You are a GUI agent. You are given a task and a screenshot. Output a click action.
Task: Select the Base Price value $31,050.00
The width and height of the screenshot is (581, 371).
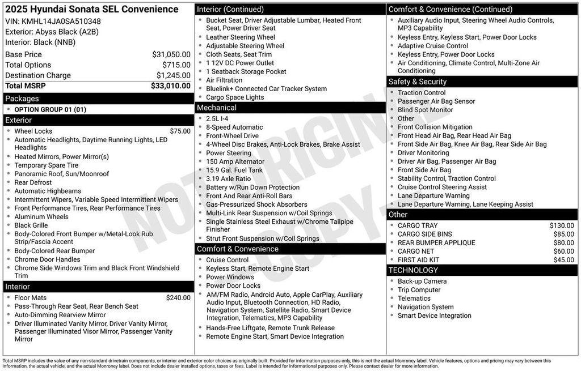pyautogui.click(x=171, y=54)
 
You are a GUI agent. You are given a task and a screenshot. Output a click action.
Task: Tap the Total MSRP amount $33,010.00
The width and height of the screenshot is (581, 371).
pyautogui.click(x=170, y=86)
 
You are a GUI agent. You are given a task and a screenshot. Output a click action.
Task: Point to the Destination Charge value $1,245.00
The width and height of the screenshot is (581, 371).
pyautogui.click(x=173, y=75)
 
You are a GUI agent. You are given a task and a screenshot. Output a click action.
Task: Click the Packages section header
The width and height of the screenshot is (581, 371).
pyautogui.click(x=22, y=99)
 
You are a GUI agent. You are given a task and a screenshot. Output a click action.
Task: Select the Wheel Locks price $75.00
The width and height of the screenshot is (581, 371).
pyautogui.click(x=180, y=131)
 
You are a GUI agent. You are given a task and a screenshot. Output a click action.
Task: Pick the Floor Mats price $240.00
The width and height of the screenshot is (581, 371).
pyautogui.click(x=178, y=298)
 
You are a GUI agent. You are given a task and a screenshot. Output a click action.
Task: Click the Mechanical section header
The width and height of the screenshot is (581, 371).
pyautogui.click(x=217, y=108)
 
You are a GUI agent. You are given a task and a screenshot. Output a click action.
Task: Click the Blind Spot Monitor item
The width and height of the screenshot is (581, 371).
pyautogui.click(x=425, y=110)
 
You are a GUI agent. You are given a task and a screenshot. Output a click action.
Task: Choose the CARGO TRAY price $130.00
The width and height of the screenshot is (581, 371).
pyautogui.click(x=562, y=226)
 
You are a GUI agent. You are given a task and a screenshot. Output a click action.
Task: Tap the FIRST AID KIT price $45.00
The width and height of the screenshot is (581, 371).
pyautogui.click(x=563, y=260)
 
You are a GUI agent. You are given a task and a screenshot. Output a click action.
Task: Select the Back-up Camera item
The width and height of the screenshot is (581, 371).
pyautogui.click(x=422, y=282)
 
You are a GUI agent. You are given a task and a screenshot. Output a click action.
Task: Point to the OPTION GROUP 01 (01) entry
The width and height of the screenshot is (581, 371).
pyautogui.click(x=50, y=110)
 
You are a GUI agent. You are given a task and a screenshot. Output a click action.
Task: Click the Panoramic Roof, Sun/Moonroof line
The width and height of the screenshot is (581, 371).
pyautogui.click(x=61, y=174)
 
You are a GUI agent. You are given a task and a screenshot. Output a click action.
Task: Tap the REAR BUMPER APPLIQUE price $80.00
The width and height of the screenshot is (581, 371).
pyautogui.click(x=563, y=243)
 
